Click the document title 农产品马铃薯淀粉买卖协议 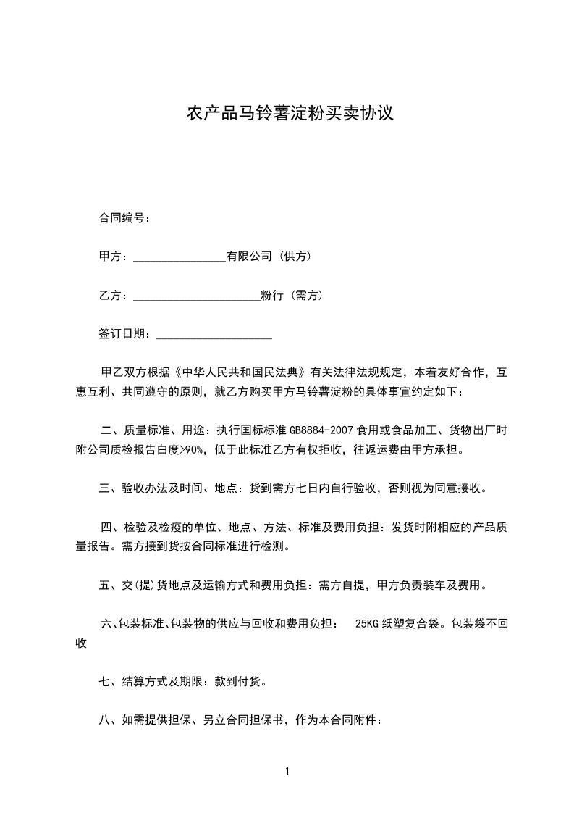tap(290, 114)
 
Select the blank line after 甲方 tap(180, 258)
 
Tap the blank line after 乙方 tap(196, 297)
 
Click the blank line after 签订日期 tap(214, 335)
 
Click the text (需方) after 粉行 tap(306, 296)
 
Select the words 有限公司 tap(249, 257)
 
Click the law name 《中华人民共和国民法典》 tap(242, 373)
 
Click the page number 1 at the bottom tap(287, 772)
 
